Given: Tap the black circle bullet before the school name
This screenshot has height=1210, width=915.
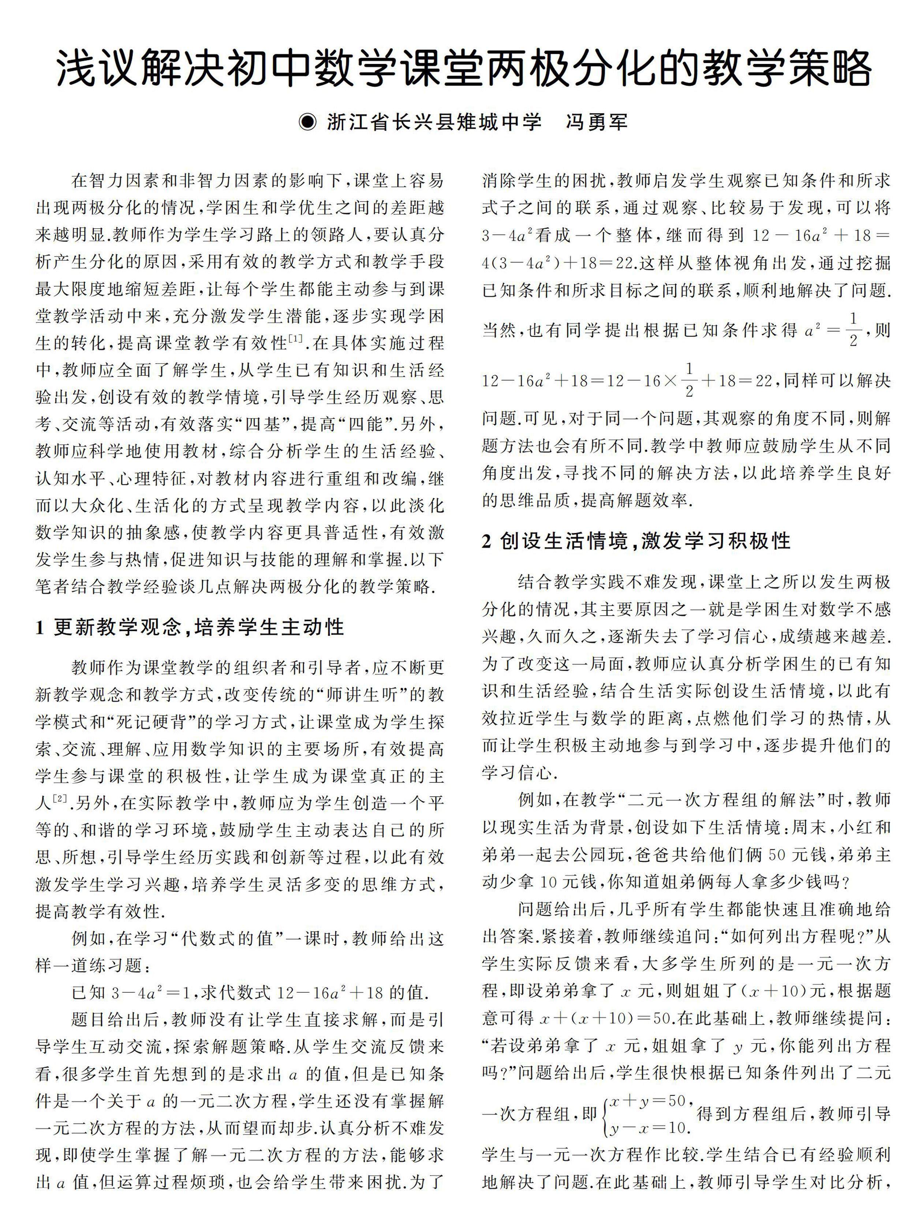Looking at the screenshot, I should tap(308, 121).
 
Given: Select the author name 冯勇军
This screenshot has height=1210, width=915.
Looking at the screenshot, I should tap(597, 121).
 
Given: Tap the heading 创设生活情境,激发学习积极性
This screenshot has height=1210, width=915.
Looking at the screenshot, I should tap(645, 541).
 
